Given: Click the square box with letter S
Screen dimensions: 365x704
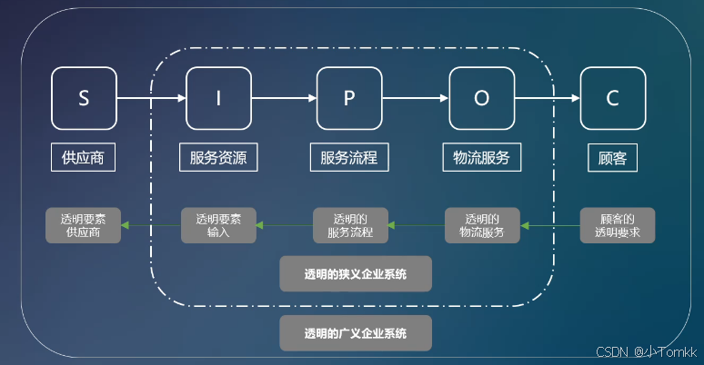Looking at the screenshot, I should [x=84, y=99].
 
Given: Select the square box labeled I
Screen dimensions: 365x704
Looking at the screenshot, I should [x=218, y=99].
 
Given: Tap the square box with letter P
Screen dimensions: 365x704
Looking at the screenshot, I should [x=349, y=99].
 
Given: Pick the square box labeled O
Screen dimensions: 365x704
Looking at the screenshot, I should [x=482, y=99].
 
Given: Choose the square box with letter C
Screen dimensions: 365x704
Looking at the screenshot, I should [x=613, y=99].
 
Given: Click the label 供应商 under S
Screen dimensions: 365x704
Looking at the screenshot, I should [x=84, y=157].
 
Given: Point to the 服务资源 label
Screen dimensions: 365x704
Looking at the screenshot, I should [x=218, y=157].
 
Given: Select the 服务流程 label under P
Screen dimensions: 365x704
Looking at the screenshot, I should [x=349, y=157].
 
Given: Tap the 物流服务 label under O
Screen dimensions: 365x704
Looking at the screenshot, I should [x=482, y=157].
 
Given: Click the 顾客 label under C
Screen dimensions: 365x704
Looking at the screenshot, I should [x=613, y=157].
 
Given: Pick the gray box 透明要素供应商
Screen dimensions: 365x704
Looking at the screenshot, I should [x=84, y=225].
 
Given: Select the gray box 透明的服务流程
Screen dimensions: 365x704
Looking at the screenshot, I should [x=350, y=225].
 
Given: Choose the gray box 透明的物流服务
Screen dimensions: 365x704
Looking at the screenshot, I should [x=482, y=225].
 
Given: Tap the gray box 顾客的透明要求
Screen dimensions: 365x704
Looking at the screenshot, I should [x=618, y=225].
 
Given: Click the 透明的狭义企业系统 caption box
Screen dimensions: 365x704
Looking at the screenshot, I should [x=355, y=272].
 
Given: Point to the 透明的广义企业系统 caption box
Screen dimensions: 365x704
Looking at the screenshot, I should [x=355, y=333].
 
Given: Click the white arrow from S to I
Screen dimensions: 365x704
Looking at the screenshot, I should [x=151, y=99].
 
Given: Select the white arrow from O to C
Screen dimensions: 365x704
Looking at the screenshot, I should [x=548, y=99].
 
